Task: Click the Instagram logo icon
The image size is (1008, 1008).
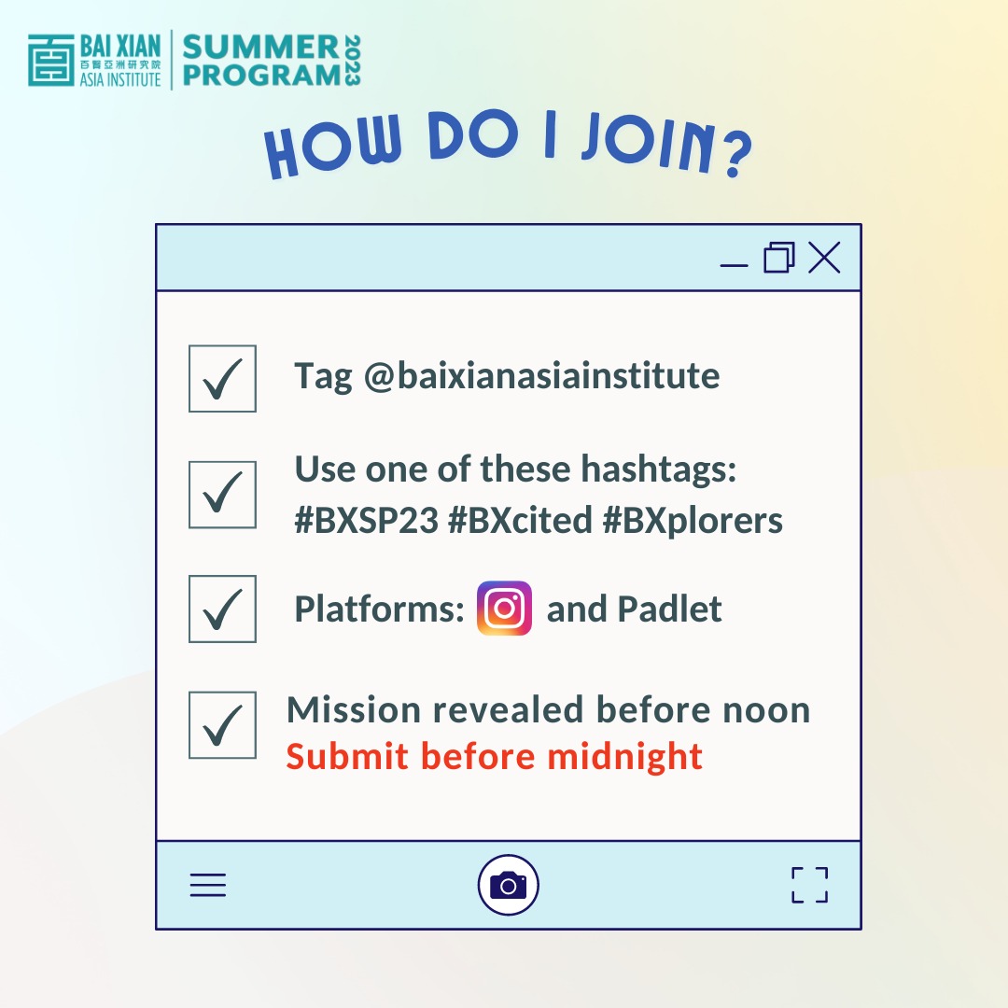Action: [504, 609]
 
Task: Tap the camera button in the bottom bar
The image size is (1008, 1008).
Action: [508, 885]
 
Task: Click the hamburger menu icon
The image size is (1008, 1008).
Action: [208, 885]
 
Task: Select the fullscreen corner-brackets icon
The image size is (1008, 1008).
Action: [809, 885]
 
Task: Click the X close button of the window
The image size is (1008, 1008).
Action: [824, 258]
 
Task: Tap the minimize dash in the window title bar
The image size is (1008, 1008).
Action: [735, 265]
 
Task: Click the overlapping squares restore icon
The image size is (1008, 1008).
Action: [779, 258]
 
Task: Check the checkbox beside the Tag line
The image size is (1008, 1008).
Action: [222, 378]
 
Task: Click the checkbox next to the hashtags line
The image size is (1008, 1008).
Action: [222, 495]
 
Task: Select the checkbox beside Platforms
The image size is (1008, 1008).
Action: [222, 609]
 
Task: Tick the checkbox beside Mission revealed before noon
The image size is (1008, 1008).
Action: [222, 725]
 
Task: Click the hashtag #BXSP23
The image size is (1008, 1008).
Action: [367, 521]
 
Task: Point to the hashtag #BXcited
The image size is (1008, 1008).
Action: [520, 521]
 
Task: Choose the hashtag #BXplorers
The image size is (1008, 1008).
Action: [693, 521]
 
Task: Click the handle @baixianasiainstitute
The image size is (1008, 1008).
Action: [541, 376]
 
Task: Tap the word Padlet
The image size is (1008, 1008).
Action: [669, 609]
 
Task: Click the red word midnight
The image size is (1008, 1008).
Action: [624, 756]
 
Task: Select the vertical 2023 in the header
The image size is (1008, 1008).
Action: [351, 62]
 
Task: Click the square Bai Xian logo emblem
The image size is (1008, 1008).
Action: [50, 62]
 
